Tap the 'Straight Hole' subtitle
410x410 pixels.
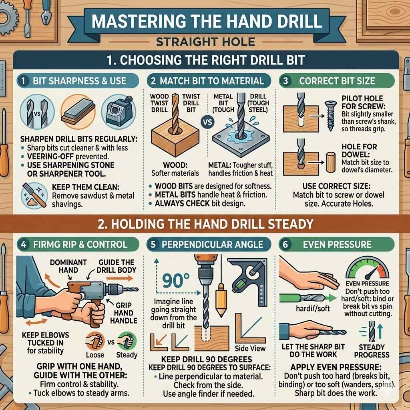click(x=205, y=41)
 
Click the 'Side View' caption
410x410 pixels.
click(x=250, y=348)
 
